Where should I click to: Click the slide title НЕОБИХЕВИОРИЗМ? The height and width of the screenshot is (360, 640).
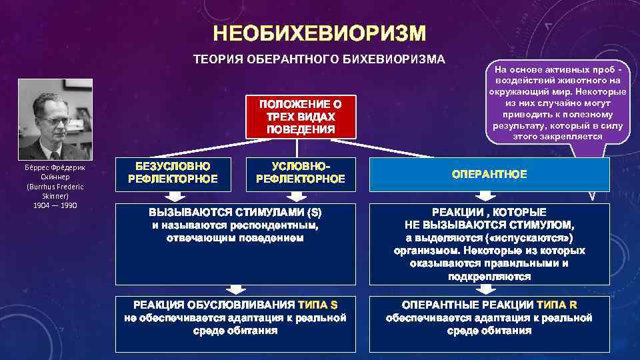point(319,34)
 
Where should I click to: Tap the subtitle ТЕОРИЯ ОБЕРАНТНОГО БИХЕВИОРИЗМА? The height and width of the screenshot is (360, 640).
point(319,59)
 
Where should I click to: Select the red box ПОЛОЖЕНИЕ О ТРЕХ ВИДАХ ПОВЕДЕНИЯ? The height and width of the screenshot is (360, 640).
point(301,117)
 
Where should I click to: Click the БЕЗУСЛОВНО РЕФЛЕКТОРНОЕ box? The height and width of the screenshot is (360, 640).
point(172,173)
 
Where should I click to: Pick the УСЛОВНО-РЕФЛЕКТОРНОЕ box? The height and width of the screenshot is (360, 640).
point(300,173)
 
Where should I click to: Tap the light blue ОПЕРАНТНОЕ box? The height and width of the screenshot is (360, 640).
point(489,174)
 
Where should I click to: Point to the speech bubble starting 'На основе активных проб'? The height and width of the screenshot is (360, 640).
point(557,103)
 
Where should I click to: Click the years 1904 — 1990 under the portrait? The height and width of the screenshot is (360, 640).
point(55,205)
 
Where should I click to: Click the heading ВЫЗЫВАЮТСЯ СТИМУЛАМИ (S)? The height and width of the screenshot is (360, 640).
point(235,213)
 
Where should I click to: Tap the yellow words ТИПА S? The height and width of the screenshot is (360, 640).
point(318,305)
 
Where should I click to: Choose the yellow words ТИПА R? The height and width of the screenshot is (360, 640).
point(557,305)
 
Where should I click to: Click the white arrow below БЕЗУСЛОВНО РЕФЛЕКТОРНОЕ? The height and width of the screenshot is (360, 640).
point(173,197)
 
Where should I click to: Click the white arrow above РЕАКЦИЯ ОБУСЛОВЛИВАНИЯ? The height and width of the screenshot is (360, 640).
point(235,288)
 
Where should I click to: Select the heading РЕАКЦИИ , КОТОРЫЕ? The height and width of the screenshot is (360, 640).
point(489,211)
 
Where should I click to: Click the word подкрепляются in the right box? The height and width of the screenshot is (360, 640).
point(489,276)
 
